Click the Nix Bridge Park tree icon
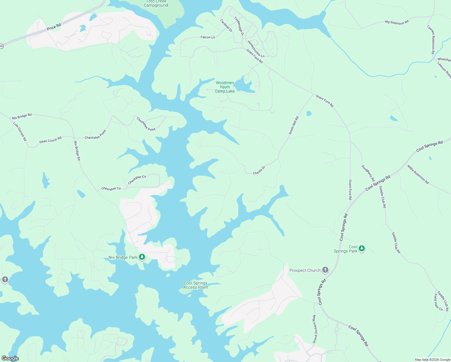142,257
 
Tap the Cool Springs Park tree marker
362,249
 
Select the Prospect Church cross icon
325,270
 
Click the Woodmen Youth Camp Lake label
225,87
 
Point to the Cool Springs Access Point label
196,285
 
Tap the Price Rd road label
54,27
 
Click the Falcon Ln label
208,37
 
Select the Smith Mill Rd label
294,125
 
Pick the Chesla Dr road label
259,170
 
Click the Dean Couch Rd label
50,140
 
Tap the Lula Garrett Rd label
20,132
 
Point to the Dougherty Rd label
368,173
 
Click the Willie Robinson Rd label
418,174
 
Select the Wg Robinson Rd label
397,22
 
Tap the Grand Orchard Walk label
314,329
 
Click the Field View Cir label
438,302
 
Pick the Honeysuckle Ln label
256,49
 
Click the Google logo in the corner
10,358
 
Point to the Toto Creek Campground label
156,4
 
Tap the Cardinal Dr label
226,26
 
